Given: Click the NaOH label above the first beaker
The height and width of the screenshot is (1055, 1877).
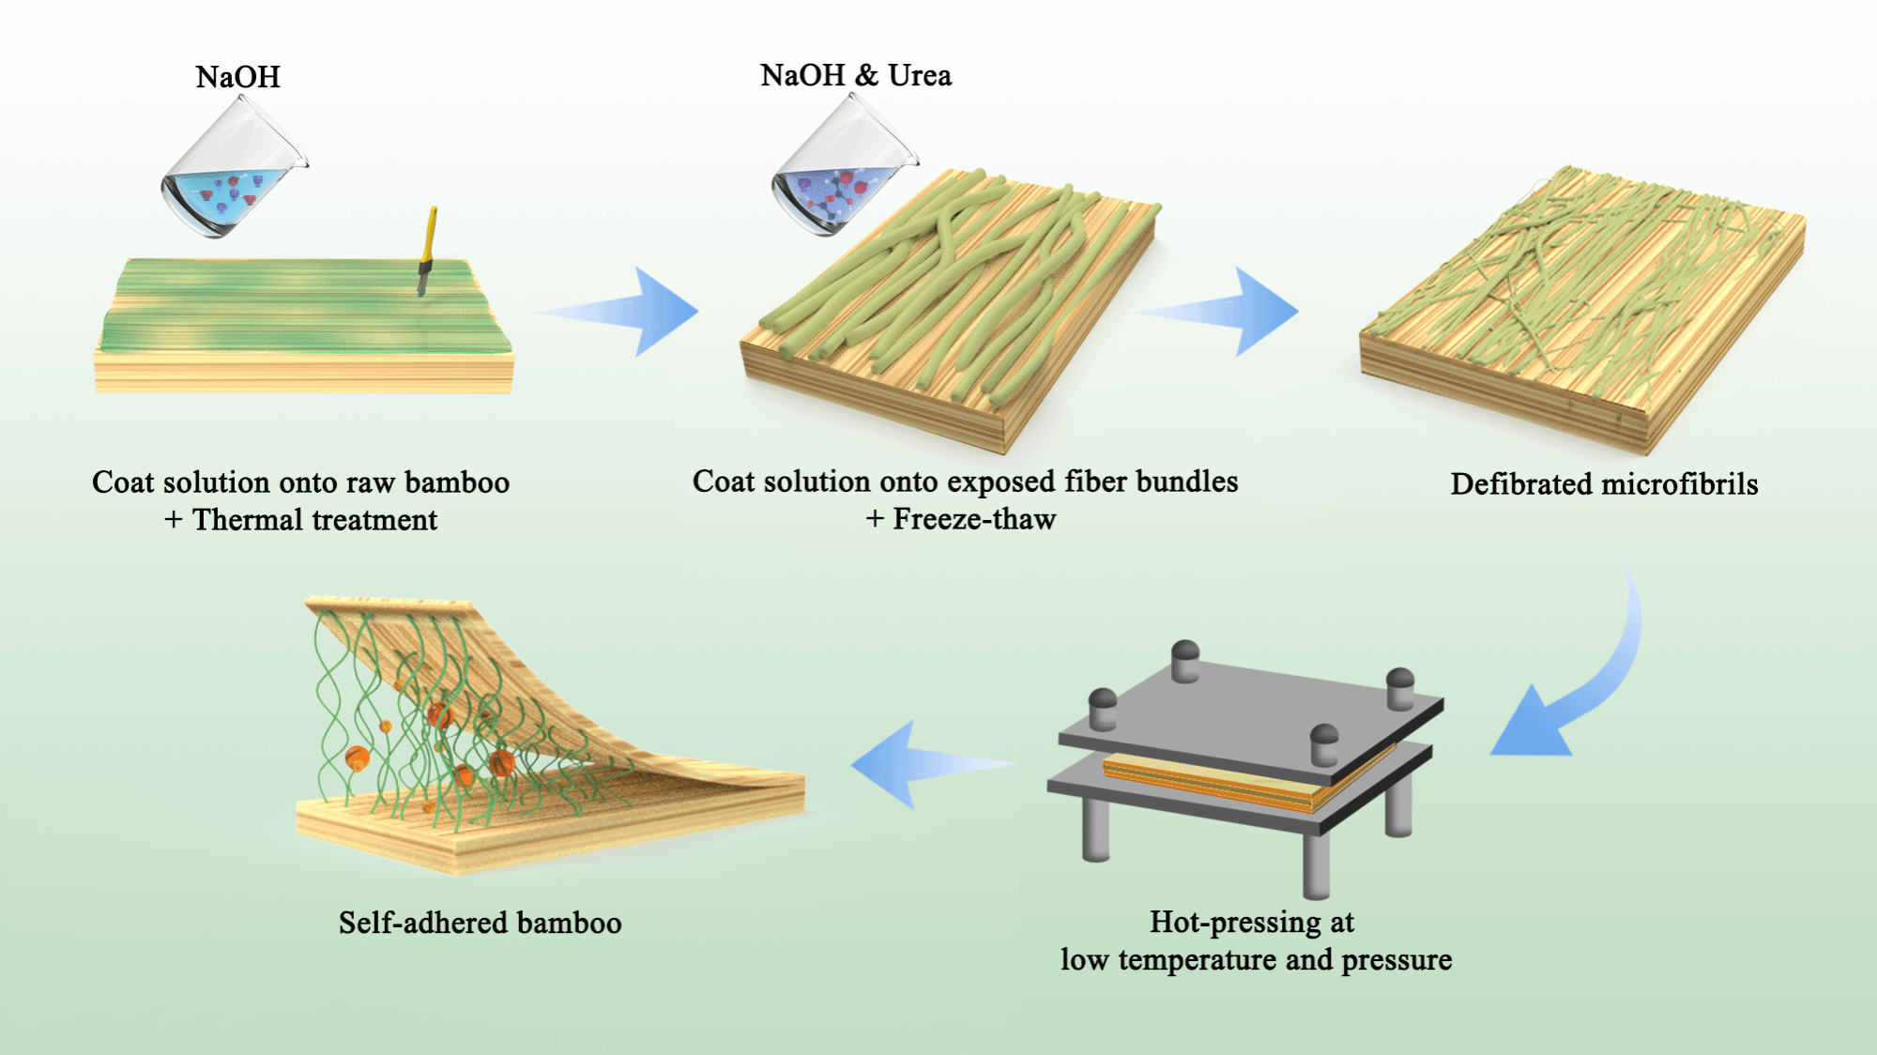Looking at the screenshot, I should coord(237,77).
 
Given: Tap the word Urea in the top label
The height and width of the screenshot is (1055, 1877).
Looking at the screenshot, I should coord(920,75).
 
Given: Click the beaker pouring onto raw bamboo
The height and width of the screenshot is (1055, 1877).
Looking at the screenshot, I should coord(231,174).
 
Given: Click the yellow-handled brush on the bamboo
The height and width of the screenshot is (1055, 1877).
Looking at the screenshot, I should coord(428,248).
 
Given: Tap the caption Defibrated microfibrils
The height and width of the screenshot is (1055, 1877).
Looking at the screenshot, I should coord(1604,484).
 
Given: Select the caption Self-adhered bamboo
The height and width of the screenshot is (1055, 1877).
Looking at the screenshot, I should coord(480,924).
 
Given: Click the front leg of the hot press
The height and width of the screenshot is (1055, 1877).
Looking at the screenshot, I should coord(1316,864).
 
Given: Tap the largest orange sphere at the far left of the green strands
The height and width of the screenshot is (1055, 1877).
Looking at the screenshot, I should coord(357,757).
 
